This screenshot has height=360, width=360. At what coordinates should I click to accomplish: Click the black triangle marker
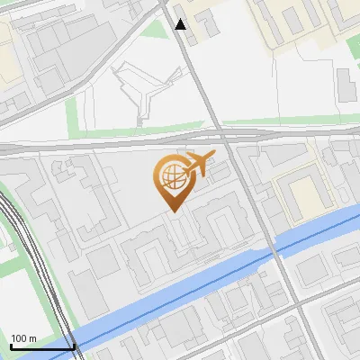(x=181, y=24)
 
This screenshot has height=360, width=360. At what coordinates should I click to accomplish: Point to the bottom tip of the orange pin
(x=172, y=211)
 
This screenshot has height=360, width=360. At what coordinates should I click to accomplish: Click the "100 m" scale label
(x=23, y=337)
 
